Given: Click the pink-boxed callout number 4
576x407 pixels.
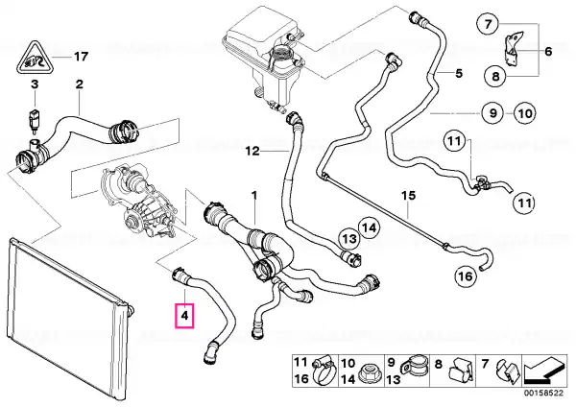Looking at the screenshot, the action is tap(184, 316).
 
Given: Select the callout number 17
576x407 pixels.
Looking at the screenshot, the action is tap(82, 57).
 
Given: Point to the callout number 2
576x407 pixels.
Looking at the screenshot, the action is tap(80, 84).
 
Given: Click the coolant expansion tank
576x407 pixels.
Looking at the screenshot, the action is tap(263, 59).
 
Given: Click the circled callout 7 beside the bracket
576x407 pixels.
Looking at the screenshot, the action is tap(488, 24).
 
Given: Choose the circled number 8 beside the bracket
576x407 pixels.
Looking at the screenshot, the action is tap(495, 77).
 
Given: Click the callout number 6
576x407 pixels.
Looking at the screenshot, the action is tap(548, 51).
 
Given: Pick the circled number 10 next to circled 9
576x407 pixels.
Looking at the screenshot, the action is tap(525, 113).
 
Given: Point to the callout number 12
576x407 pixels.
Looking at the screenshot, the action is tap(252, 151).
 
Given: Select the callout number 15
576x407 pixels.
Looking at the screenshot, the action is tap(409, 195).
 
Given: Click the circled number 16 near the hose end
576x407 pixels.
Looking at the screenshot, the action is tap(466, 275).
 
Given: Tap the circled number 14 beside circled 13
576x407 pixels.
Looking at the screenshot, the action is tap(370, 228).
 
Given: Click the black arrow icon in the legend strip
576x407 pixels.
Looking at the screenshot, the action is tap(544, 371).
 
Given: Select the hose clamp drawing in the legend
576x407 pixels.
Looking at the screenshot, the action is tap(324, 371).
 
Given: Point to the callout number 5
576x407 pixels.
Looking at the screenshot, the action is tap(459, 74).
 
